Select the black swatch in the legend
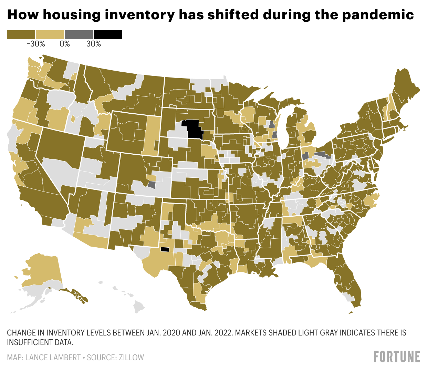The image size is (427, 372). pyautogui.click(x=108, y=34)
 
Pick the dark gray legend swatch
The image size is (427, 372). pyautogui.click(x=79, y=34)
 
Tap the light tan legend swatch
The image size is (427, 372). pyautogui.click(x=50, y=34)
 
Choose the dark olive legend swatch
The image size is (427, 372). pyautogui.click(x=21, y=34)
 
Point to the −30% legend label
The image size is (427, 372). pyautogui.click(x=35, y=44)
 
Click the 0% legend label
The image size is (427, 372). pyautogui.click(x=64, y=44)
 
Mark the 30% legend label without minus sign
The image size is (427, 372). pyautogui.click(x=93, y=44)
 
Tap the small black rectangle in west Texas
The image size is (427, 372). pyautogui.click(x=165, y=250)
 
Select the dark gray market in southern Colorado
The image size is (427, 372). pyautogui.click(x=152, y=184)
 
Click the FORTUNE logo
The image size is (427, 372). pyautogui.click(x=397, y=356)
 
